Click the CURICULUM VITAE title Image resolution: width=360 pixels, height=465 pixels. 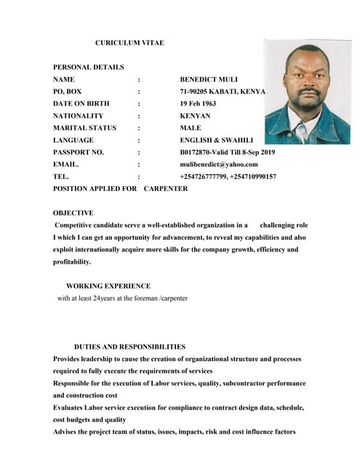pos(129,43)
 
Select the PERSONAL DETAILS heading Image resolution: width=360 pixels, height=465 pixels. pos(88,67)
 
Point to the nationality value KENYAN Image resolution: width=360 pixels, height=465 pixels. pos(195,116)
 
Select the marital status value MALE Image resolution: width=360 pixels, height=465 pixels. pos(191,128)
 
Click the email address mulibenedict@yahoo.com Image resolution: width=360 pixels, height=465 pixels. pos(218,164)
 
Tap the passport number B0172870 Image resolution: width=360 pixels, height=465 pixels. pos(198,152)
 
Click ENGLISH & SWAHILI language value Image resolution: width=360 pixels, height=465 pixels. pos(216,139)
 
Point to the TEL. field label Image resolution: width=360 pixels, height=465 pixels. pos(62,177)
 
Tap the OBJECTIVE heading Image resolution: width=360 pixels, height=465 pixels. pos(73,213)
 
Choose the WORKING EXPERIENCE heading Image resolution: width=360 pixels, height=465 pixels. pos(108,286)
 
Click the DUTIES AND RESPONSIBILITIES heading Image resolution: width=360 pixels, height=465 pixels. pos(129,347)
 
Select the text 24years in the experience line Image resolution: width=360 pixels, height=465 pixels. pos(111,298)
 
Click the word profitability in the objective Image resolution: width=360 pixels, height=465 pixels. pos(72,262)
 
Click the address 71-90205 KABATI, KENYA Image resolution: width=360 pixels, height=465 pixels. pos(223,92)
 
